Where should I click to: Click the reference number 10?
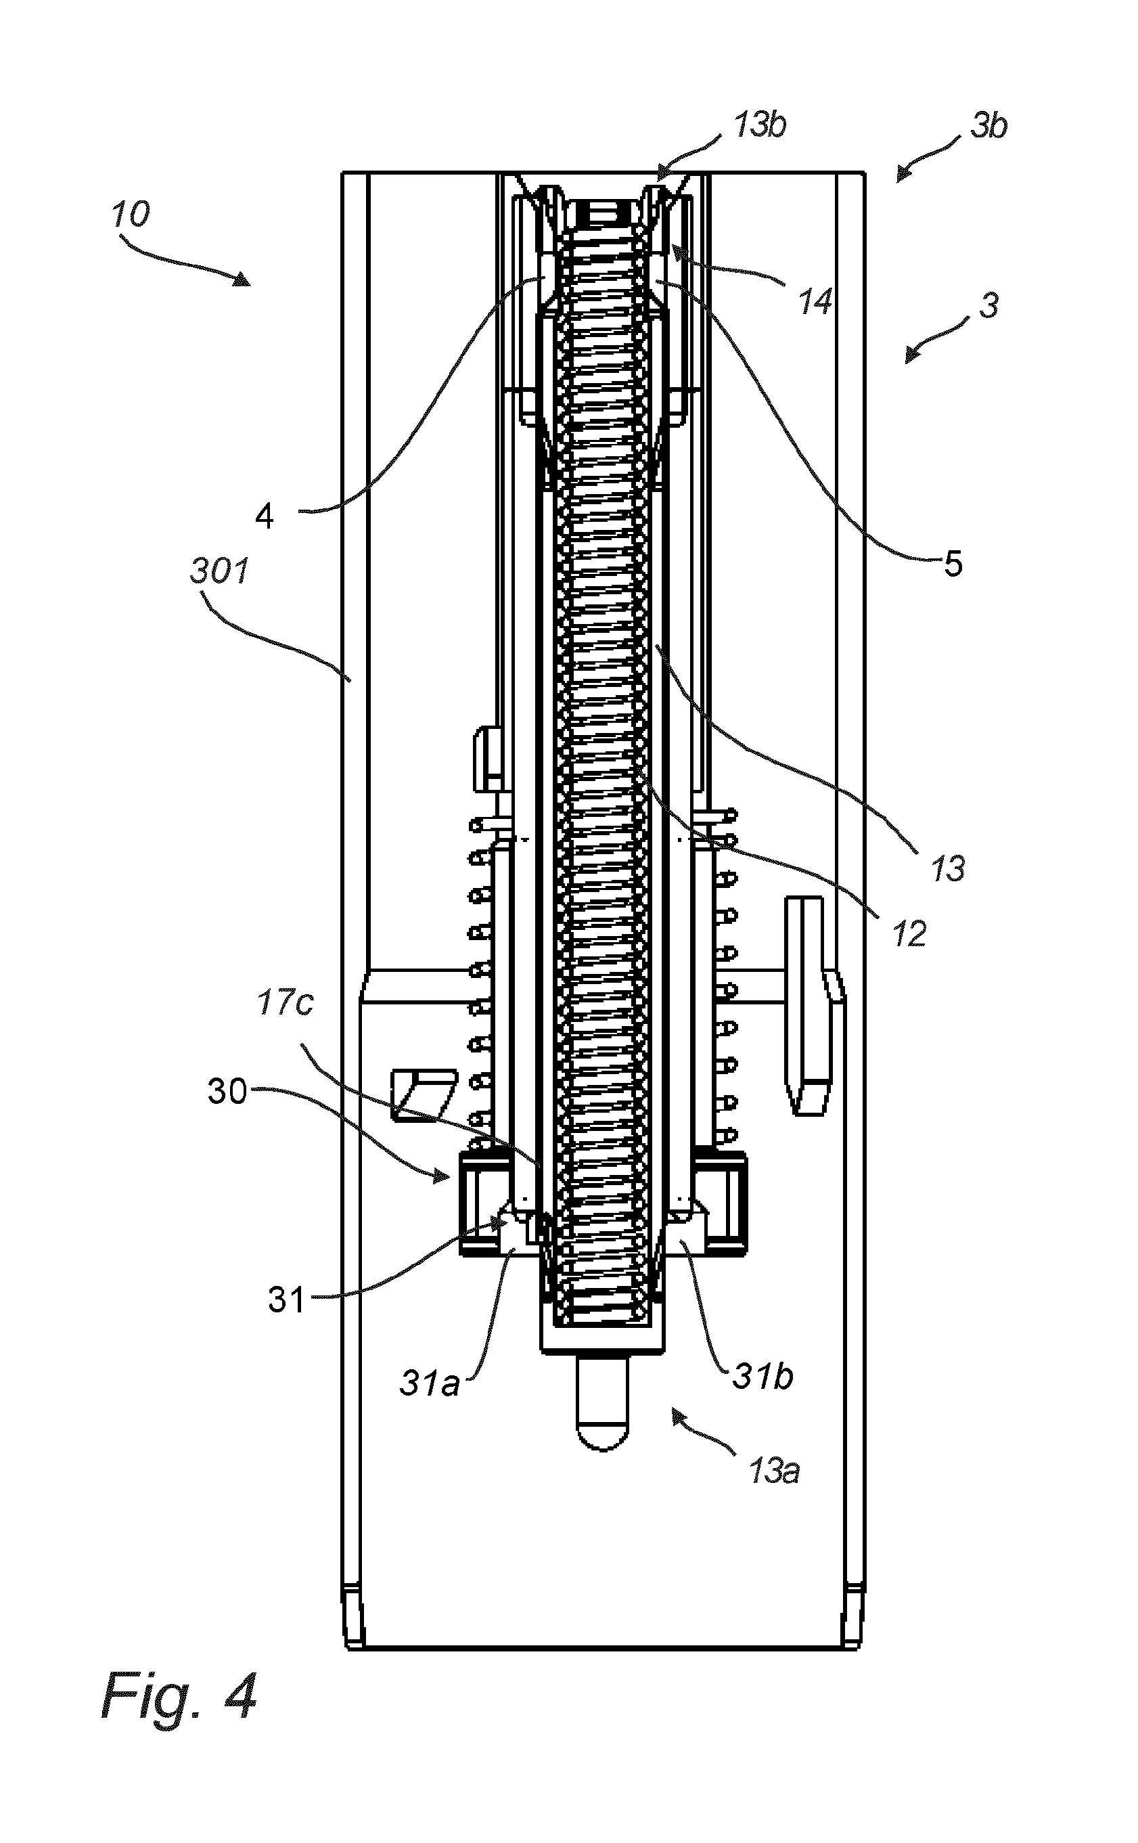click(131, 215)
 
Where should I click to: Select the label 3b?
click(989, 127)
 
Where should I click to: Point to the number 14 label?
click(815, 301)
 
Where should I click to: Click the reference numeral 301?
click(219, 571)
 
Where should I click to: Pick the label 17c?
click(286, 1003)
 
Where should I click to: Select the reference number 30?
click(227, 1091)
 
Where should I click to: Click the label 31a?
click(429, 1382)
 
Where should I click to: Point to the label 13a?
click(774, 1470)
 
